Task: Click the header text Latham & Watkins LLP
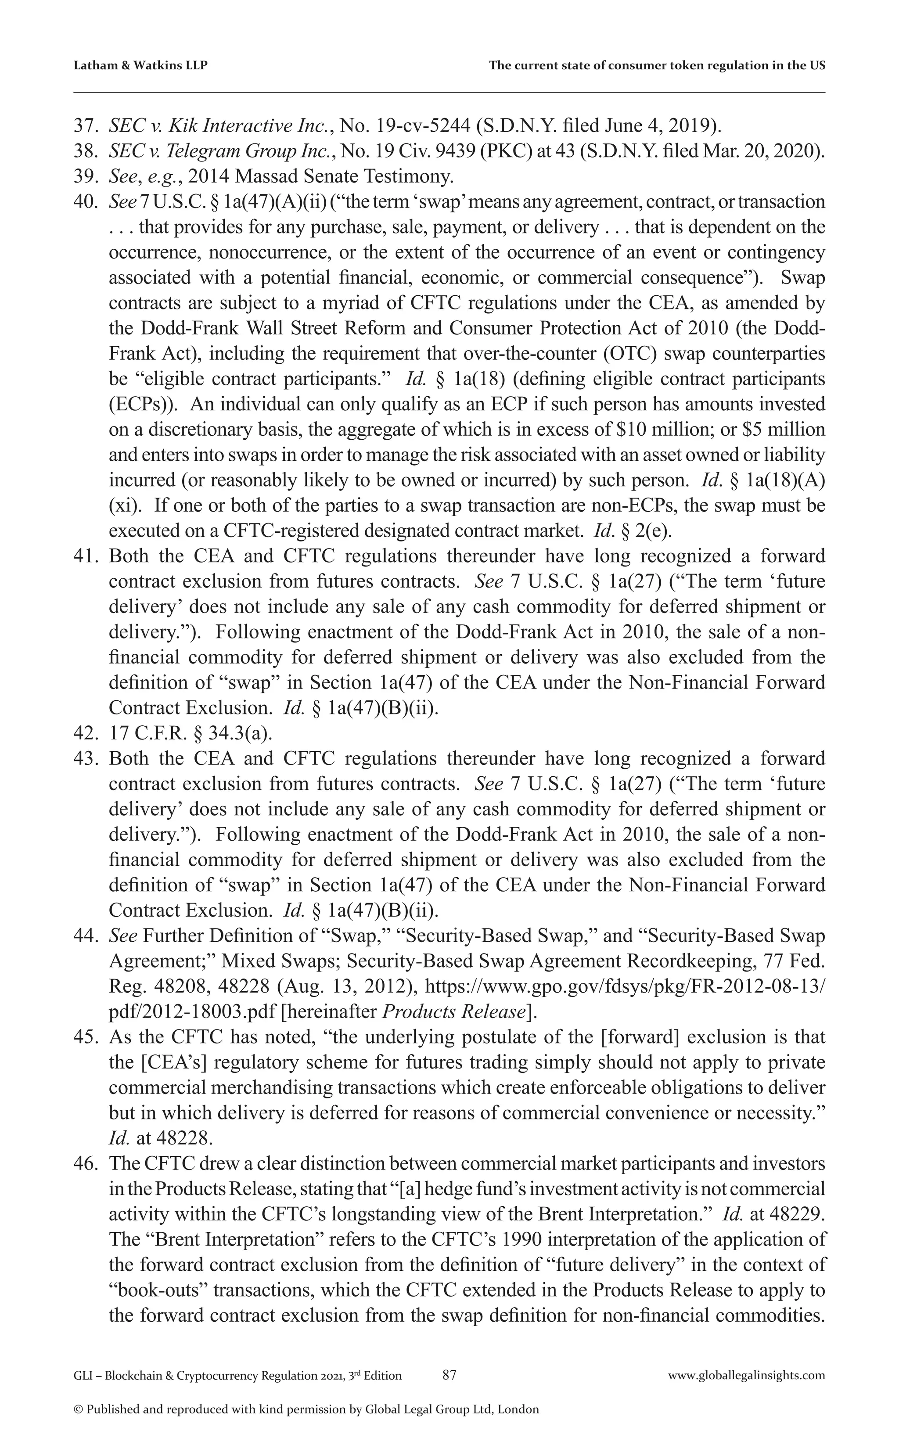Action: (x=140, y=66)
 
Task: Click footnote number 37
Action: (x=86, y=126)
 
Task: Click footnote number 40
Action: (x=86, y=202)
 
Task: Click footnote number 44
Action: (x=86, y=936)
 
